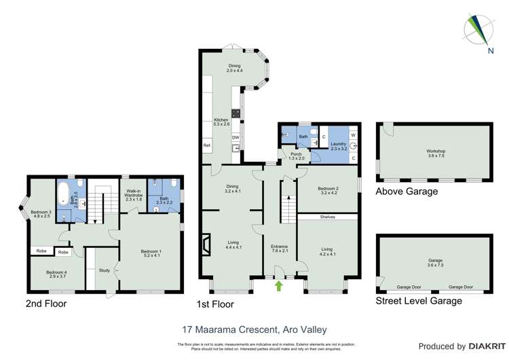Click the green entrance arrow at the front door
(279, 286)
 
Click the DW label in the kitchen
(235, 138)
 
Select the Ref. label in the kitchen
(207, 146)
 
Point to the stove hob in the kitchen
(235, 113)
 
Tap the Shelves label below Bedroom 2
(328, 217)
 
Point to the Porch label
(296, 156)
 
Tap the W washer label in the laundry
(354, 135)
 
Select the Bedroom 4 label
(56, 274)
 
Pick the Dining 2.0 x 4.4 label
(235, 68)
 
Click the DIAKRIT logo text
(478, 346)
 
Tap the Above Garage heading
(407, 192)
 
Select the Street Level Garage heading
(419, 300)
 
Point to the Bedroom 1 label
(151, 253)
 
